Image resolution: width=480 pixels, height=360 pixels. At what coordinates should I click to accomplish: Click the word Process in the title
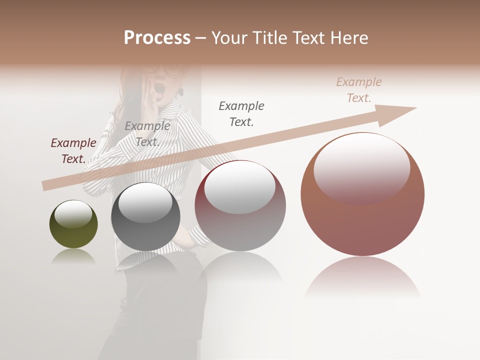pos(157,38)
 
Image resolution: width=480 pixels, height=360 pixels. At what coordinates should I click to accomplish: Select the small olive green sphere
pos(73,224)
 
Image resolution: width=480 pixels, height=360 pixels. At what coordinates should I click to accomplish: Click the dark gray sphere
pos(145,216)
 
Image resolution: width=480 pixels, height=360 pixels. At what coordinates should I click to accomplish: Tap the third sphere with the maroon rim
pos(240,205)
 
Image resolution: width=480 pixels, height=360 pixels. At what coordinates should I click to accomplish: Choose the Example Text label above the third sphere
pos(241,113)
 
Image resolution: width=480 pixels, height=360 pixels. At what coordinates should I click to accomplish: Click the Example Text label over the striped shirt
pos(147,133)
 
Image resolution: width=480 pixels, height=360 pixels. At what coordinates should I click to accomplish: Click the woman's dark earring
pos(181,92)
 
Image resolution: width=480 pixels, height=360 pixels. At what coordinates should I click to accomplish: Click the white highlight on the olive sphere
pos(73,213)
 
